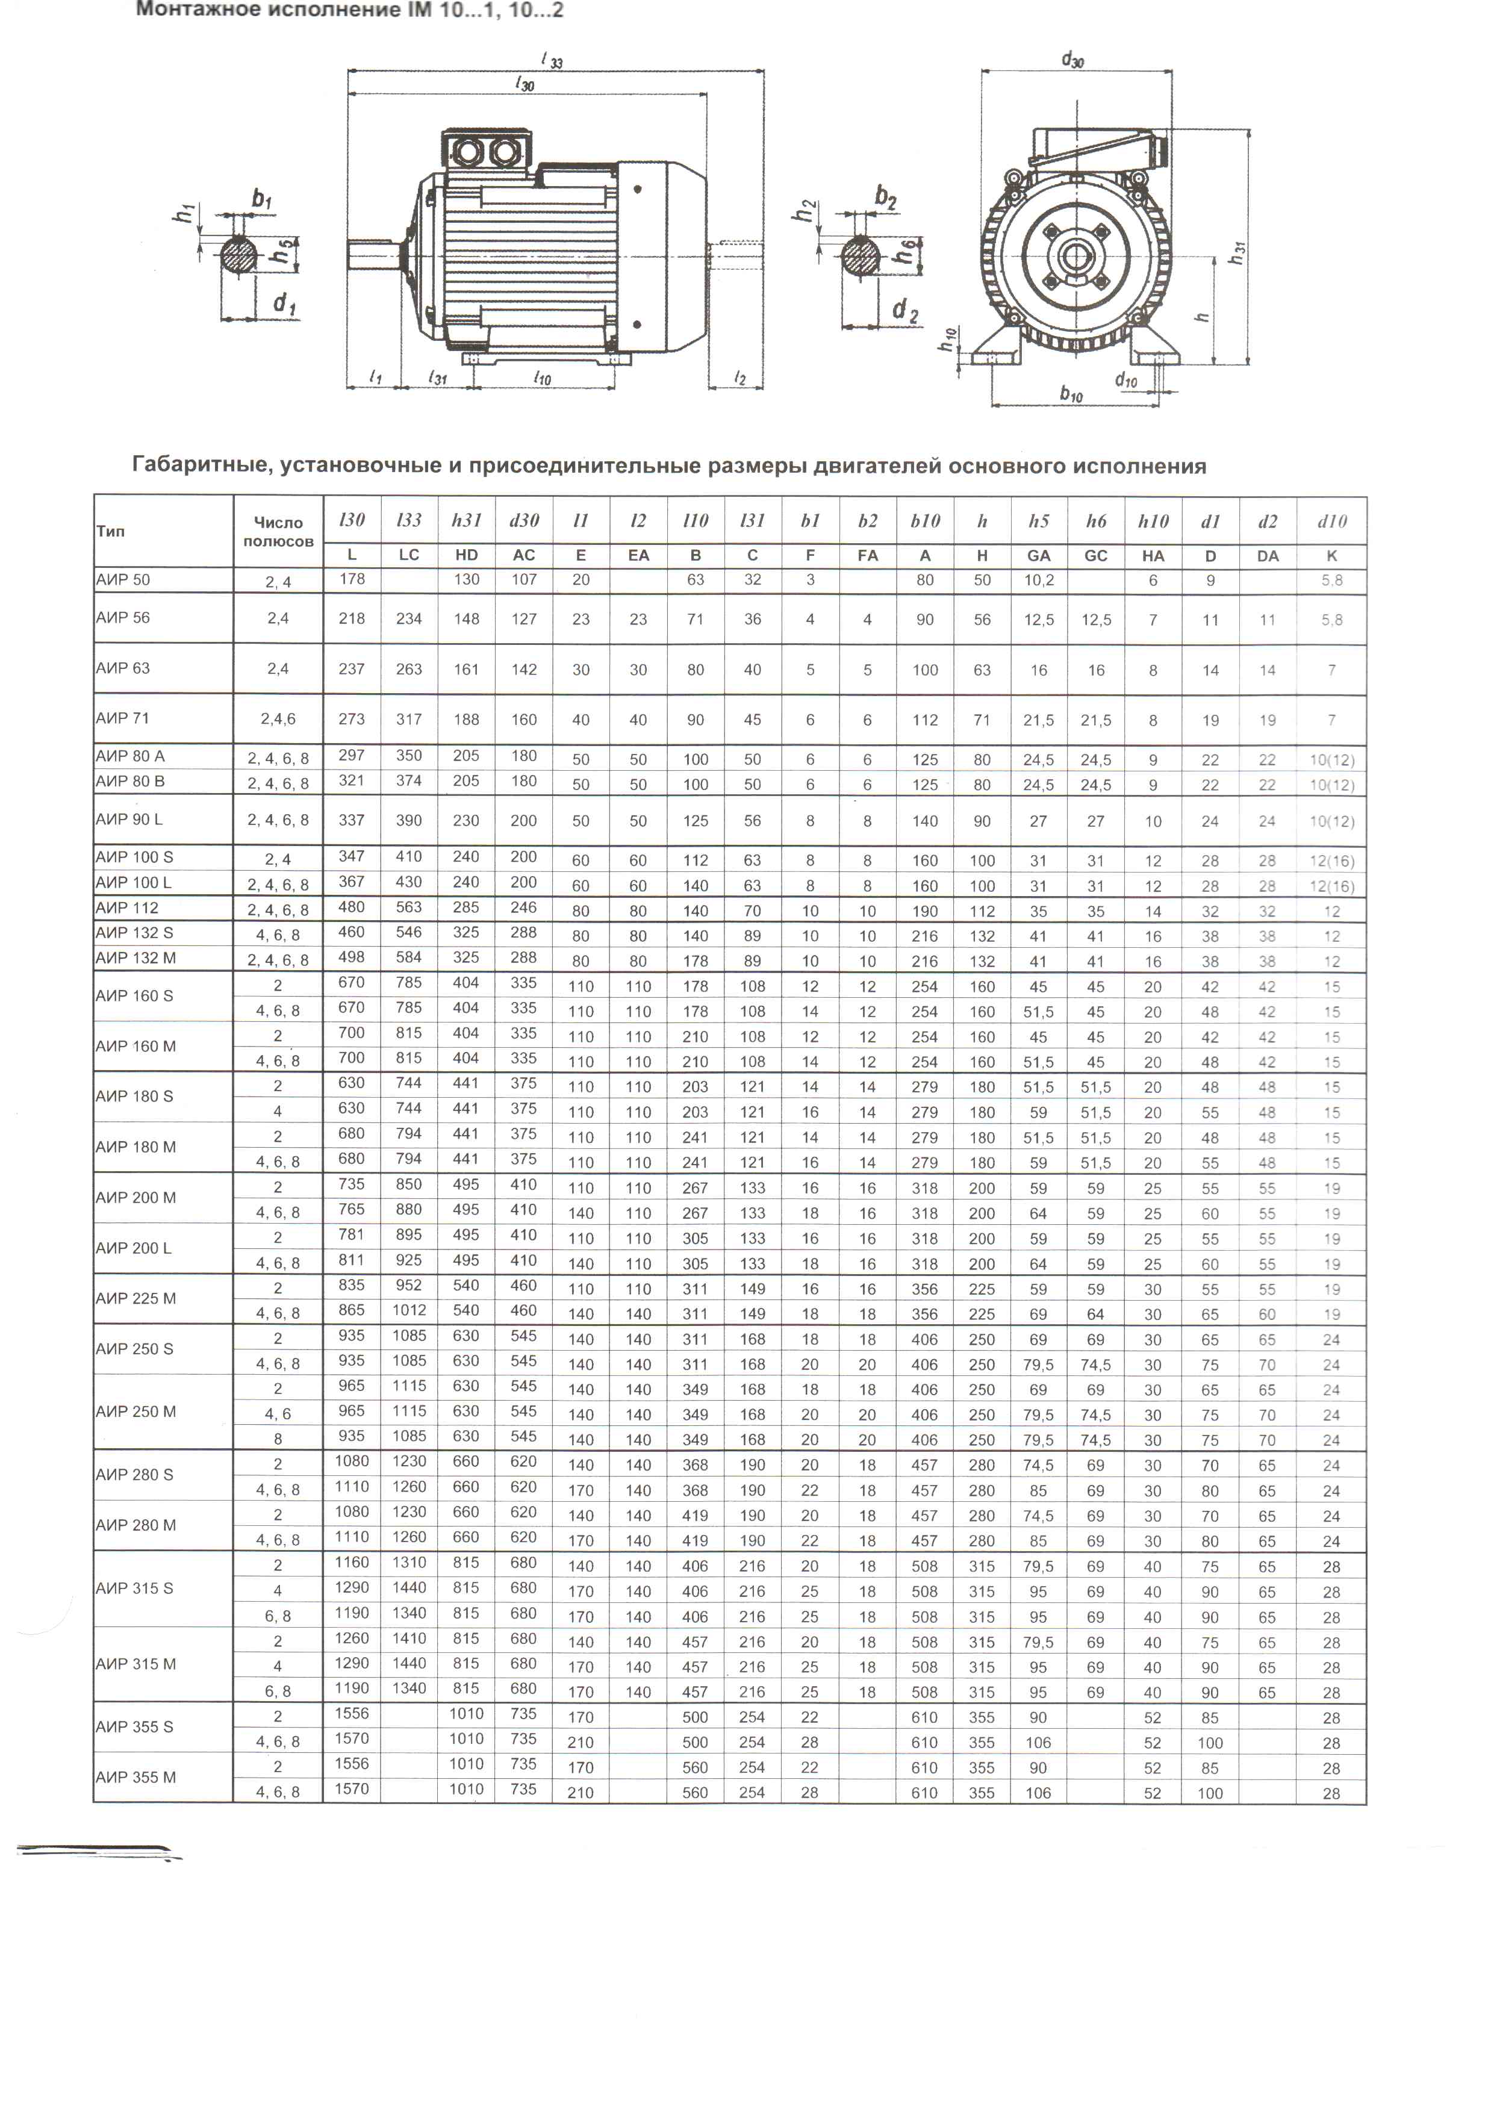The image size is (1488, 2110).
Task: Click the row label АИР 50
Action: pyautogui.click(x=123, y=580)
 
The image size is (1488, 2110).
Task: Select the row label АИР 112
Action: pyautogui.click(x=128, y=908)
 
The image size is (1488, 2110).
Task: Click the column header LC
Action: pyautogui.click(x=409, y=555)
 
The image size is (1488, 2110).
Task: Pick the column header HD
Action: pyautogui.click(x=467, y=555)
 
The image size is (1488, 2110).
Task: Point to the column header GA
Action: pyautogui.click(x=1039, y=555)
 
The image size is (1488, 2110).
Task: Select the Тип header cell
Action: pyautogui.click(x=110, y=531)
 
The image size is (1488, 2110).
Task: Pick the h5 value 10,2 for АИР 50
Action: pyautogui.click(x=1039, y=580)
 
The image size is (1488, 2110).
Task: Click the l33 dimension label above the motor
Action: pyautogui.click(x=552, y=61)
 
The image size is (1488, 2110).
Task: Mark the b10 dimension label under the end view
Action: pyautogui.click(x=1071, y=394)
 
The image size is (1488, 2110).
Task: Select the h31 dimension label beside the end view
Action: pyautogui.click(x=1238, y=253)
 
